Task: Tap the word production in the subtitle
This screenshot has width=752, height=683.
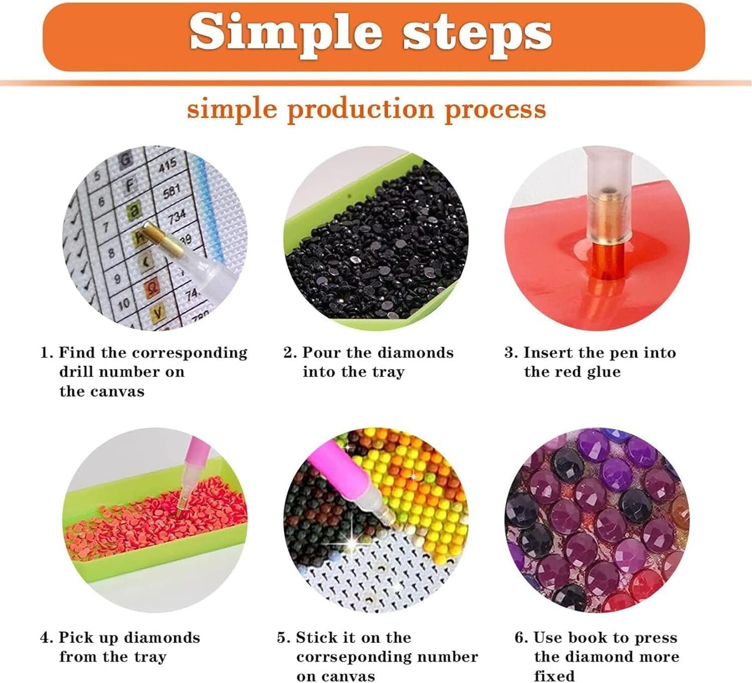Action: tap(361, 110)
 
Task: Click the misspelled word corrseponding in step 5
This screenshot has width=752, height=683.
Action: tap(387, 657)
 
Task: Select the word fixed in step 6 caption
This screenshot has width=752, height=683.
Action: tap(554, 676)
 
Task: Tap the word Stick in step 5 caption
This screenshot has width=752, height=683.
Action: tap(316, 638)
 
